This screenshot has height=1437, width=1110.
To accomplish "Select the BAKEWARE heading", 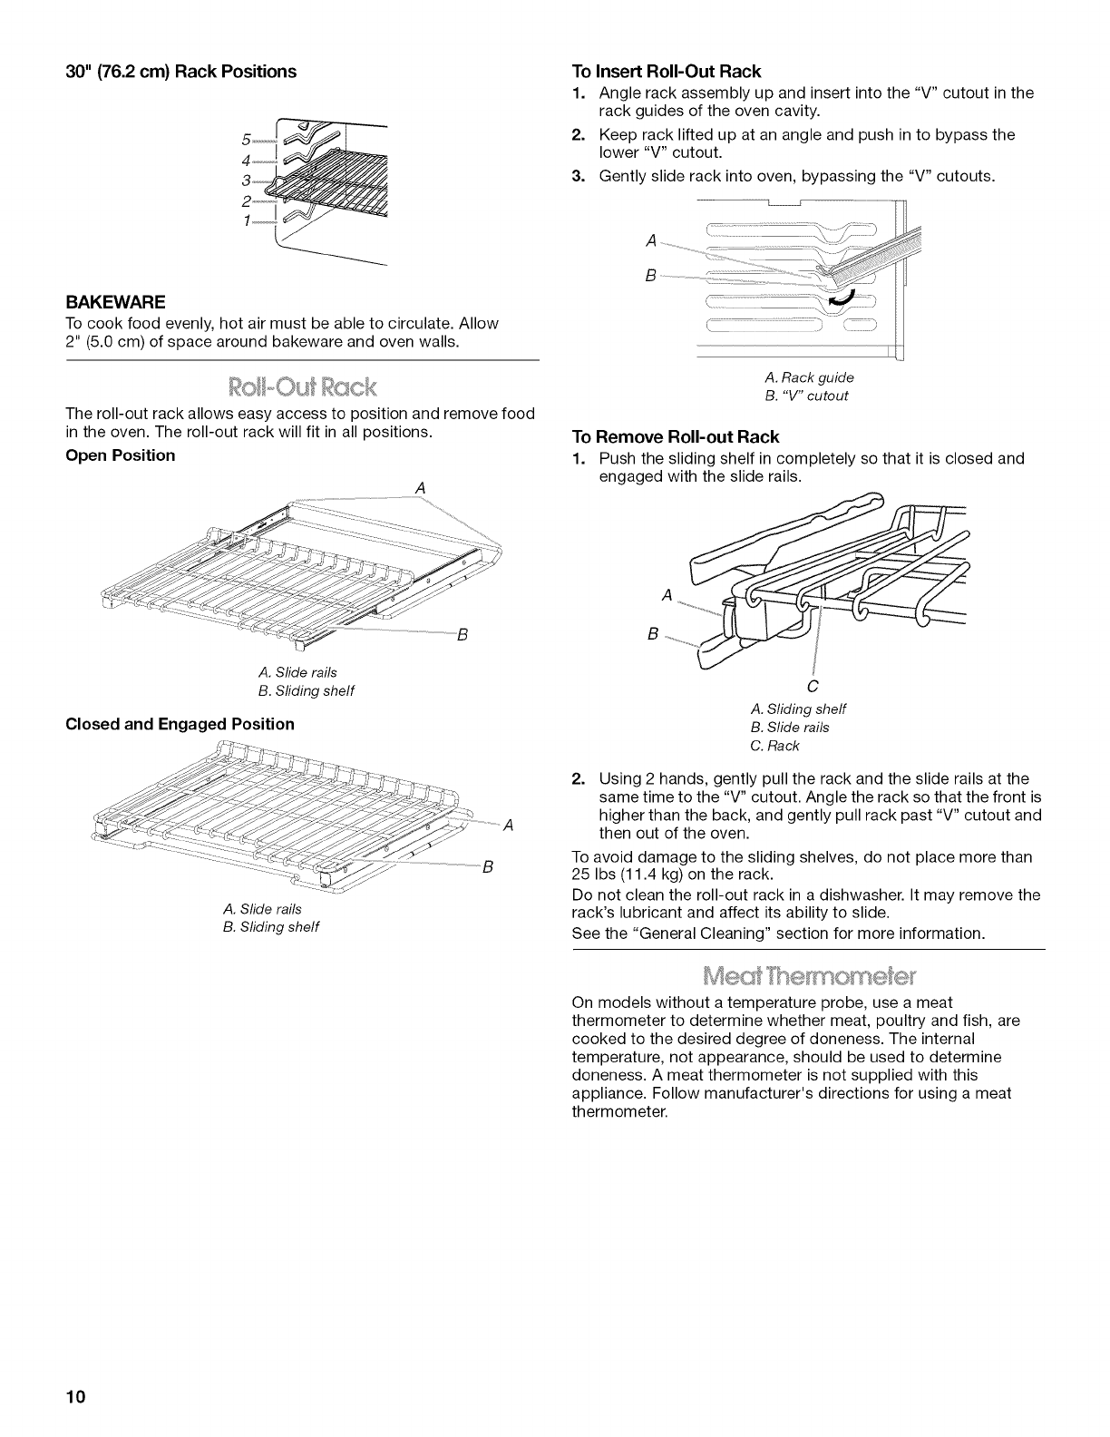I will click(114, 300).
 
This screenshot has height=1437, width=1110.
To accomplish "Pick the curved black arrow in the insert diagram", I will click(842, 298).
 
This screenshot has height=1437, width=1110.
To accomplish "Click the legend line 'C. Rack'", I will click(774, 746).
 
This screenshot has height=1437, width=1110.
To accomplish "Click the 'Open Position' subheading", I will click(121, 455).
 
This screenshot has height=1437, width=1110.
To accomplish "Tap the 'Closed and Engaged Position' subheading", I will click(180, 724).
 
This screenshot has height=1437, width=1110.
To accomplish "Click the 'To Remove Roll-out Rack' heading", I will click(676, 436).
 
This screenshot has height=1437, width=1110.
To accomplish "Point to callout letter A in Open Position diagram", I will click(419, 487).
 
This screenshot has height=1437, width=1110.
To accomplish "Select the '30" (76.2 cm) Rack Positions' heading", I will click(181, 71).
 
